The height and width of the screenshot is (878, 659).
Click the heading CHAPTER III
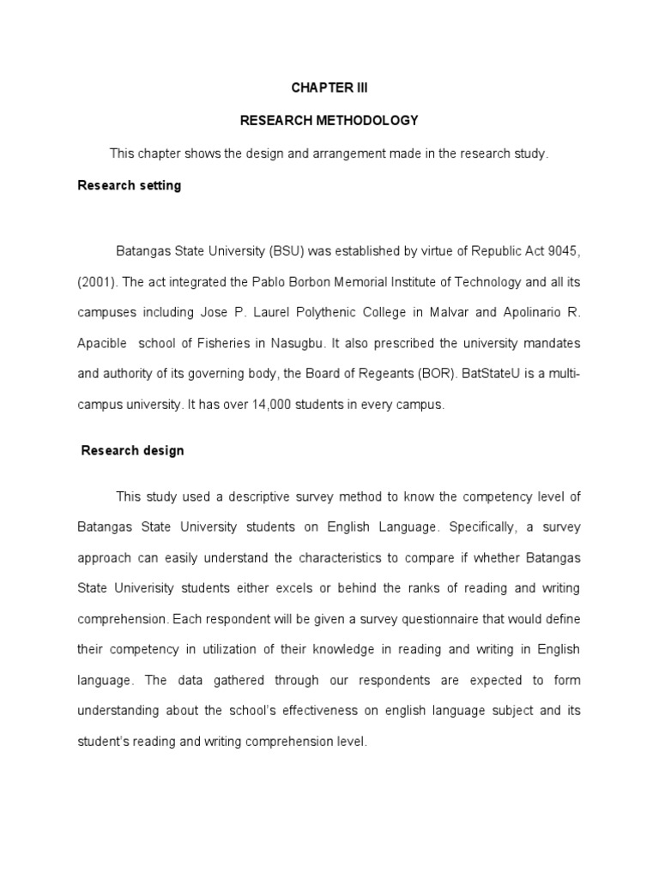[x=329, y=88]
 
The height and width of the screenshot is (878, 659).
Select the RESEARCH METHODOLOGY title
[x=329, y=121]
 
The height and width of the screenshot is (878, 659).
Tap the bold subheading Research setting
[x=130, y=185]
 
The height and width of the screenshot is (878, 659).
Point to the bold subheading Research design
[x=133, y=450]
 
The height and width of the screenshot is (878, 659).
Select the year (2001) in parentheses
[x=97, y=281]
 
